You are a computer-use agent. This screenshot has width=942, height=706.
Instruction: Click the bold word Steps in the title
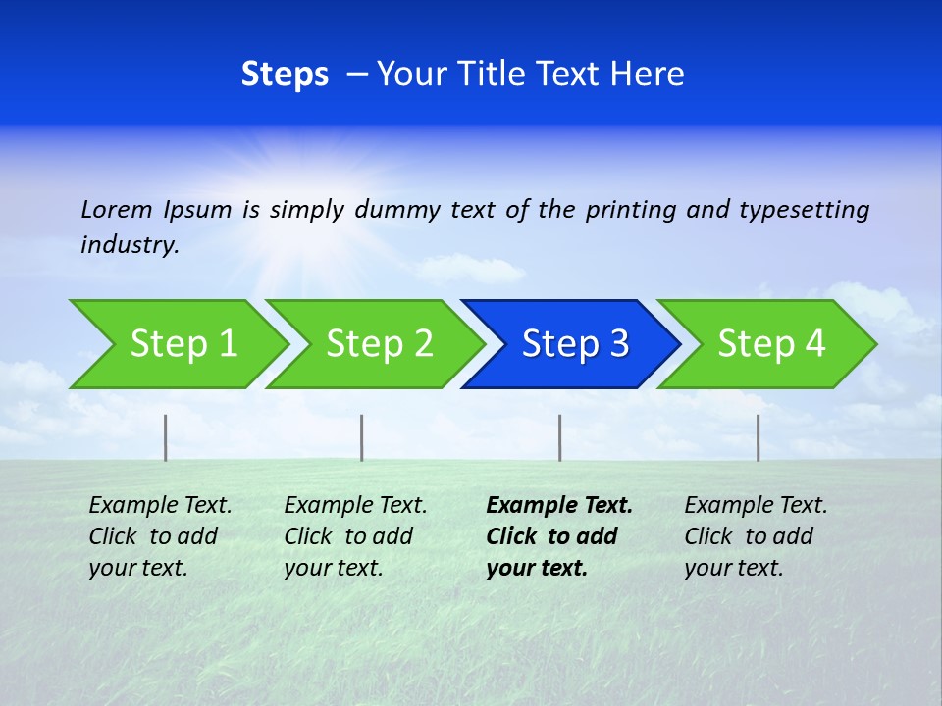click(x=285, y=75)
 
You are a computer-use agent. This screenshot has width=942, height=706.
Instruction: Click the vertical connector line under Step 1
click(x=166, y=437)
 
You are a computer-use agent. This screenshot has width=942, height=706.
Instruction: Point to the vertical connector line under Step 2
click(x=362, y=437)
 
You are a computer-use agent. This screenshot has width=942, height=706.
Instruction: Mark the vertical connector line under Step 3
click(x=560, y=437)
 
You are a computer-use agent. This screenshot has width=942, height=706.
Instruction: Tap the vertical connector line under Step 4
click(x=759, y=437)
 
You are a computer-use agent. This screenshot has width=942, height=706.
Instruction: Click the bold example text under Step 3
click(x=558, y=536)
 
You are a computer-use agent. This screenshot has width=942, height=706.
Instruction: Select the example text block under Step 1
click(x=160, y=536)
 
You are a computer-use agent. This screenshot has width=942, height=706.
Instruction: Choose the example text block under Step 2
click(x=355, y=536)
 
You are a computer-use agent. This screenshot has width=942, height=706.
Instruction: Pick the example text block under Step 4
click(x=756, y=536)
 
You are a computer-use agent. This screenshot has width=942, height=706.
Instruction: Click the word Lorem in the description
click(x=117, y=210)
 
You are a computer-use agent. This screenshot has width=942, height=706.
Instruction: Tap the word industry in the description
click(x=130, y=245)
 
